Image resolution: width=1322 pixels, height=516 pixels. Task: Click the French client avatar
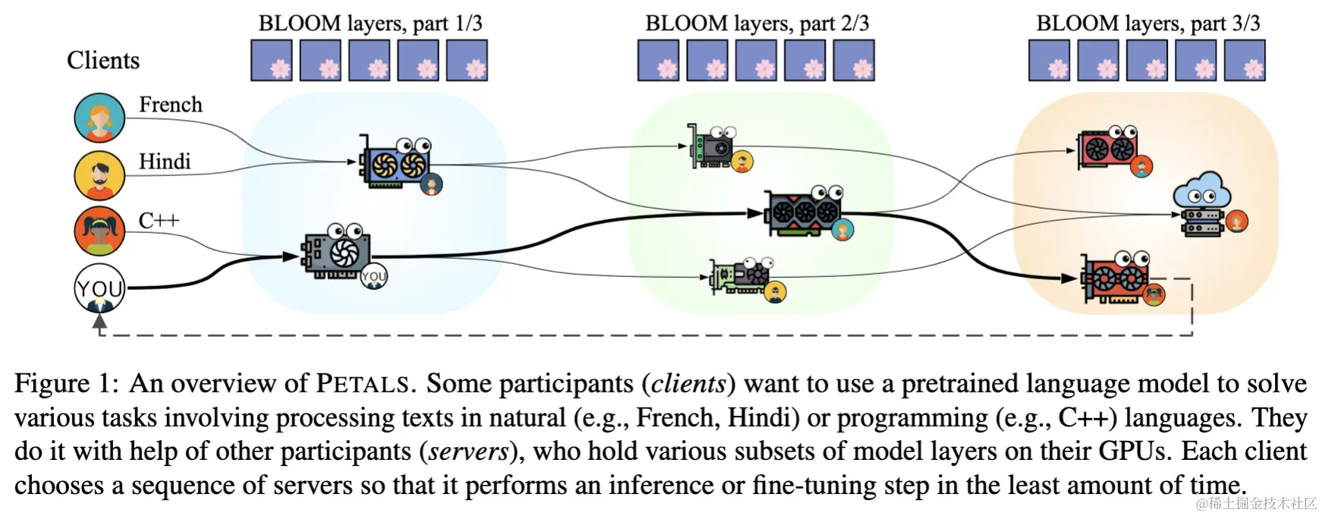click(x=99, y=118)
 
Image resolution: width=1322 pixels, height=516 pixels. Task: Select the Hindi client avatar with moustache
click(x=99, y=175)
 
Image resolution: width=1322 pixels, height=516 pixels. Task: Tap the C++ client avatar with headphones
click(x=99, y=231)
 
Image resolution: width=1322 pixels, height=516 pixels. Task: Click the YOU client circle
click(x=99, y=288)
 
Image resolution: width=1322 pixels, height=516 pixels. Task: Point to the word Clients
click(x=103, y=60)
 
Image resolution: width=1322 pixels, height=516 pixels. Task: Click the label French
click(x=171, y=104)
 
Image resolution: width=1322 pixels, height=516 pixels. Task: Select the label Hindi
click(x=165, y=161)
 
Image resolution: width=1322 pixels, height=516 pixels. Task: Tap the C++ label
click(x=159, y=220)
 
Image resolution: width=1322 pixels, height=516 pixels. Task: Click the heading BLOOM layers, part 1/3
click(x=370, y=23)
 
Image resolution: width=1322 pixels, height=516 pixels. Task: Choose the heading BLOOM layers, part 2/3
click(x=757, y=23)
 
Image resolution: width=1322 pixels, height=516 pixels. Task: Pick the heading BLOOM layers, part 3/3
click(x=1148, y=23)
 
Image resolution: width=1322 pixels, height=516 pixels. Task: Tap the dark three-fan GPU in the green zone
click(x=807, y=212)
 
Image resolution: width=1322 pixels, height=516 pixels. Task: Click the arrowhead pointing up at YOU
click(x=99, y=321)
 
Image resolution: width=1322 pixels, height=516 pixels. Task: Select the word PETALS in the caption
click(x=362, y=383)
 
